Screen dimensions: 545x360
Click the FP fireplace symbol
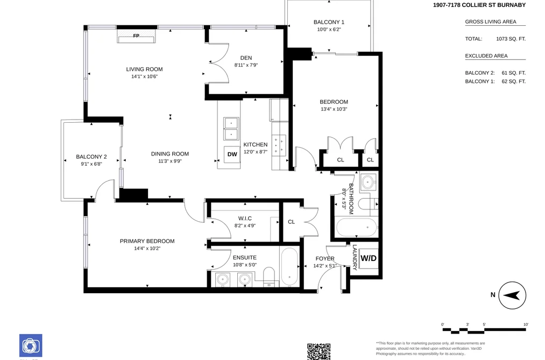tap(136, 36)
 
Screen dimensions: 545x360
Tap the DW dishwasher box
tap(232, 154)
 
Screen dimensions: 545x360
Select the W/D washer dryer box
tap(369, 258)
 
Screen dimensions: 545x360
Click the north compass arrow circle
tap(512, 295)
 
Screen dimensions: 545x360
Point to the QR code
tap(318, 352)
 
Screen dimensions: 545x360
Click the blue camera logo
tap(31, 345)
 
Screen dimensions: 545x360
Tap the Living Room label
tap(144, 69)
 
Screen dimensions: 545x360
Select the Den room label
tap(246, 58)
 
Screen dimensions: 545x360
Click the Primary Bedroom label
tap(147, 241)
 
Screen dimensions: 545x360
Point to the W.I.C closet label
tap(245, 218)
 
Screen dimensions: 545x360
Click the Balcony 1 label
tap(329, 22)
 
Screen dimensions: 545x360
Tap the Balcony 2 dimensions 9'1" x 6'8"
tap(91, 164)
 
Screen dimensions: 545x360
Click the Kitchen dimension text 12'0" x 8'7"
tap(256, 152)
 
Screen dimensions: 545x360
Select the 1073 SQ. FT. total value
tap(511, 39)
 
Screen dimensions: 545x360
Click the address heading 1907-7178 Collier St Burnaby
tap(479, 5)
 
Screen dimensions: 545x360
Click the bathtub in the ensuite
tap(289, 267)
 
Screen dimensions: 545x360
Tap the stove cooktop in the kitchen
tap(279, 145)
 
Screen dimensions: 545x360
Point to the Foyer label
tap(325, 258)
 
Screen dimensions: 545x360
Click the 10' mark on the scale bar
tap(526, 324)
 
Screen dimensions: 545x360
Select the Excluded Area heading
tap(486, 55)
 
